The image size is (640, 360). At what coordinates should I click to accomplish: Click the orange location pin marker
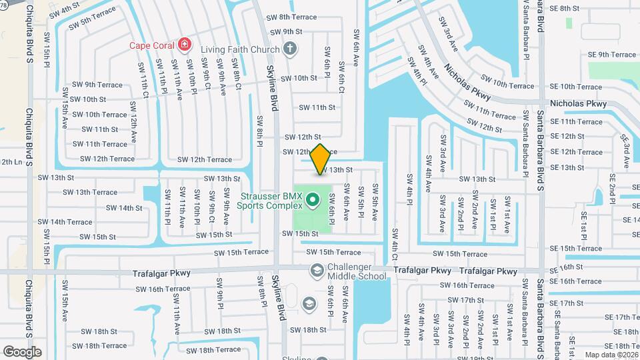point(320,159)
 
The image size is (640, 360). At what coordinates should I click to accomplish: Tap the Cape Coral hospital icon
point(185,45)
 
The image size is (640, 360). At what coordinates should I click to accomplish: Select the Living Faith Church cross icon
point(289,47)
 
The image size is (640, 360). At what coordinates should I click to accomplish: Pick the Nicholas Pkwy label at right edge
point(577,103)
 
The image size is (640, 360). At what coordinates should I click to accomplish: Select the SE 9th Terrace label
point(612,55)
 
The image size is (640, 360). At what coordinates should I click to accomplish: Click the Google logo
point(23,351)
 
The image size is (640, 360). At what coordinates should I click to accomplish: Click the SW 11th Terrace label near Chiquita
point(99,144)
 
